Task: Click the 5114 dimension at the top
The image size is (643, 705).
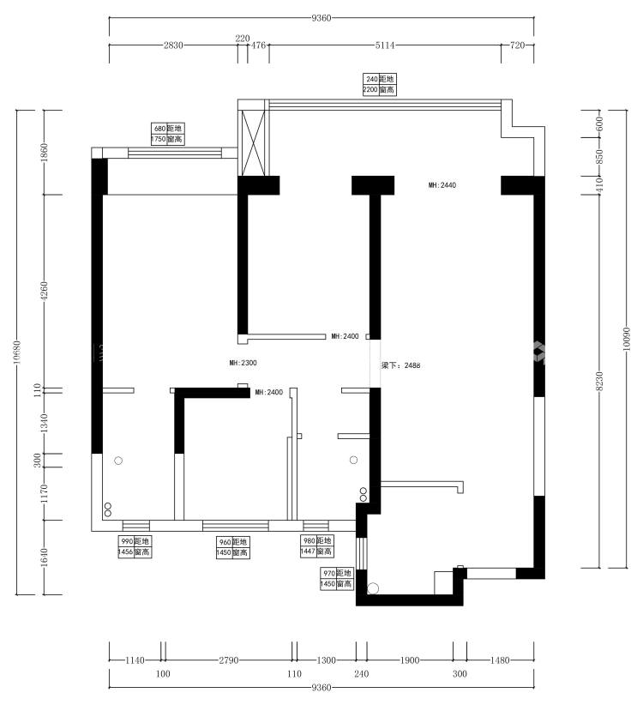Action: coord(385,45)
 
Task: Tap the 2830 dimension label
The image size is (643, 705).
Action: coord(173,45)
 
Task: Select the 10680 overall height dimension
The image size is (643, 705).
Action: coord(16,352)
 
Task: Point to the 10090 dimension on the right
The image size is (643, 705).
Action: coord(627,339)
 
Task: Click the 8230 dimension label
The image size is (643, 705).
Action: coord(599,381)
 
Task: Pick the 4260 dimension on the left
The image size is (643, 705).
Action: coord(44,291)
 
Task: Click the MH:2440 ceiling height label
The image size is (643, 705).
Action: coord(442,184)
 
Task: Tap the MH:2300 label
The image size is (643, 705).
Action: coord(243,363)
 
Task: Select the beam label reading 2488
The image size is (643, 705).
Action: coord(401,365)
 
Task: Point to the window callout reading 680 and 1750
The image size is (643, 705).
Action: coord(167,134)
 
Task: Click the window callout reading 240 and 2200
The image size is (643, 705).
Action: coord(379,85)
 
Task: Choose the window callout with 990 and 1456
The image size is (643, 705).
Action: coord(135,546)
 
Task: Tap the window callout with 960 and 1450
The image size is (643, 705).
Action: coord(232,548)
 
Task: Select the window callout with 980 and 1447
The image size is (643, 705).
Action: coord(316,545)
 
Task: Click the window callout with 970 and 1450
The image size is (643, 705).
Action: coord(337,579)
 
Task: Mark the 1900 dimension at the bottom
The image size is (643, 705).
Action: coord(410,660)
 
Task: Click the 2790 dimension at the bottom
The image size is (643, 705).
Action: coord(229,660)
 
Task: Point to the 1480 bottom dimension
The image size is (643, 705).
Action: coord(500,660)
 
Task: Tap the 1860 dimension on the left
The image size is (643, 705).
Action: coord(44,153)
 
